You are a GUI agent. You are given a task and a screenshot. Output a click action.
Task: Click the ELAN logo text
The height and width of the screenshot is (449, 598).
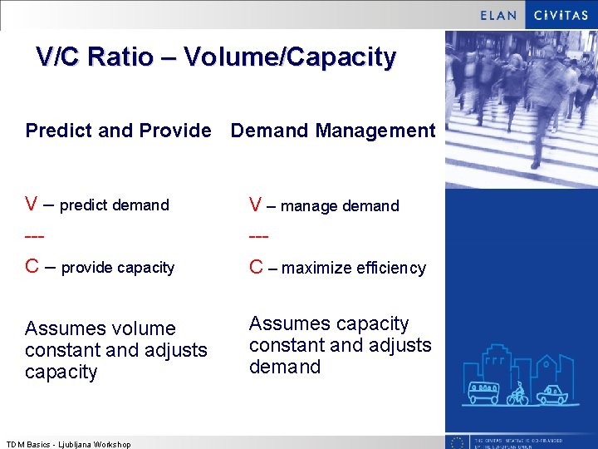click(x=498, y=15)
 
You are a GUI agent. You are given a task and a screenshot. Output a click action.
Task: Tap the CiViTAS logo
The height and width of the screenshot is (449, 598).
click(x=561, y=15)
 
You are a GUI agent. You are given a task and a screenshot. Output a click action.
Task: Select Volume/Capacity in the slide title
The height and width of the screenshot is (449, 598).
click(x=290, y=57)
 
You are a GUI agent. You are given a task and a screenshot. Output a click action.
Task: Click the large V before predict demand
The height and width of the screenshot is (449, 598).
click(x=31, y=205)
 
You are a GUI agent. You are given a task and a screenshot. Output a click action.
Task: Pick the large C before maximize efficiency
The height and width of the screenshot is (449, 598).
click(x=256, y=267)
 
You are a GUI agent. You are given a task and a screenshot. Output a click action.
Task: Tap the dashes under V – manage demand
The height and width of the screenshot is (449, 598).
click(x=258, y=237)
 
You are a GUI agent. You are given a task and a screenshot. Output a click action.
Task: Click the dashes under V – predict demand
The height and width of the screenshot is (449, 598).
click(x=34, y=237)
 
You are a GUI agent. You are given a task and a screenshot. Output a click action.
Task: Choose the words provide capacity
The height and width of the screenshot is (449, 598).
click(x=118, y=268)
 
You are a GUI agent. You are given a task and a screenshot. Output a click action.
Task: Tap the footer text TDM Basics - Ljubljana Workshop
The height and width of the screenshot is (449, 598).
click(x=68, y=444)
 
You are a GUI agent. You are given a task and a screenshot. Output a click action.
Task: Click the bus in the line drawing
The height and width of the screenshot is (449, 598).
click(x=483, y=392)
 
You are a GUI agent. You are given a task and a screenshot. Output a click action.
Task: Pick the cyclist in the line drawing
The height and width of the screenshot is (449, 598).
click(x=517, y=392)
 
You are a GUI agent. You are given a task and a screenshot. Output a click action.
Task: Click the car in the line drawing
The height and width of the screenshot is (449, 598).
click(x=551, y=393)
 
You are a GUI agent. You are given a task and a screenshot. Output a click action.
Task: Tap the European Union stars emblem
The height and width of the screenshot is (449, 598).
click(x=458, y=442)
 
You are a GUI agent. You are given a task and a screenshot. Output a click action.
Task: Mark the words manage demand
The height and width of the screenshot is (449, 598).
click(x=340, y=205)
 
